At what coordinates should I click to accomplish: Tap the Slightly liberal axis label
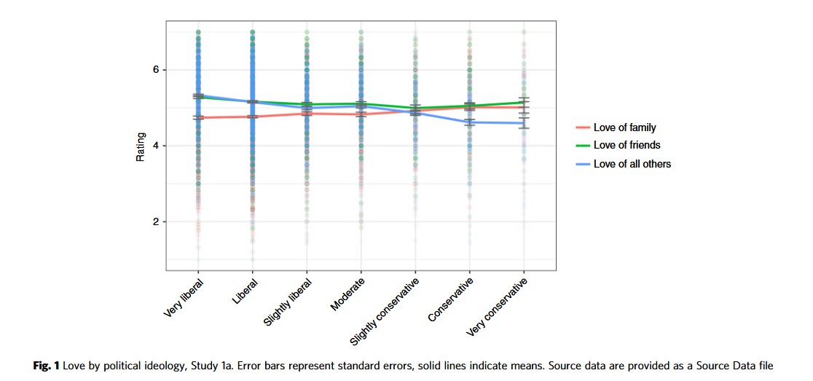pyautogui.click(x=288, y=302)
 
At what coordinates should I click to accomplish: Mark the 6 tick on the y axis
pyautogui.click(x=155, y=70)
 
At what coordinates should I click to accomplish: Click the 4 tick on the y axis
pyautogui.click(x=155, y=146)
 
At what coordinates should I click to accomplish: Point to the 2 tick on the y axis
pyautogui.click(x=155, y=221)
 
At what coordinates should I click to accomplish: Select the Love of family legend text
pyautogui.click(x=624, y=127)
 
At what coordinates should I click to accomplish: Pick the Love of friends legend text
pyautogui.click(x=627, y=145)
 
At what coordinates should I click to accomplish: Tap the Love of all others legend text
pyautogui.click(x=632, y=164)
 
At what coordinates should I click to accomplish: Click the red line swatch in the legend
pyautogui.click(x=581, y=127)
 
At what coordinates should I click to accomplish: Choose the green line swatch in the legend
pyautogui.click(x=581, y=145)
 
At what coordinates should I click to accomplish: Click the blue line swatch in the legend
pyautogui.click(x=581, y=164)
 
